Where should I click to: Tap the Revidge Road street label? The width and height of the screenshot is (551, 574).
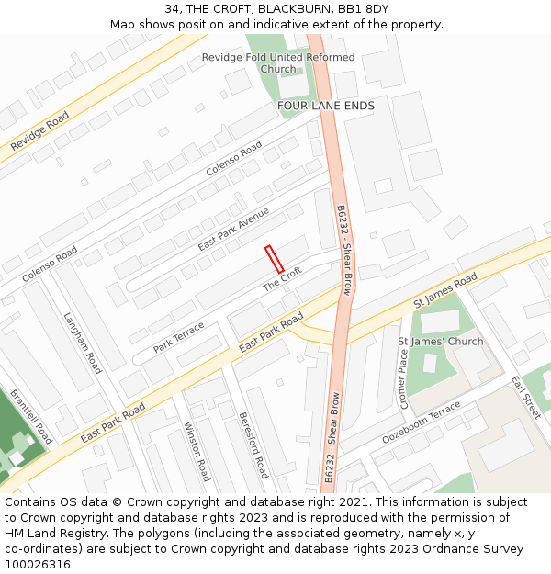pos(39,132)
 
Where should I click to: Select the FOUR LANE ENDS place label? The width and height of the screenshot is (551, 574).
pos(326,106)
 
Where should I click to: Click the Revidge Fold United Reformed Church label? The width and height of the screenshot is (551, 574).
pos(278,62)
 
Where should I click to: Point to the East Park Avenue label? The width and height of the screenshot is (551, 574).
pos(233,230)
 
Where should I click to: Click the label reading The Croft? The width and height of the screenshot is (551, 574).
pos(283,279)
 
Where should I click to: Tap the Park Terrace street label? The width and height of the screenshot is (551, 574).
pos(179,337)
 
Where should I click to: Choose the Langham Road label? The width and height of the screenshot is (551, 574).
pos(83,342)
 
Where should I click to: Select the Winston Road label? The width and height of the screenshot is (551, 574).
pos(198,451)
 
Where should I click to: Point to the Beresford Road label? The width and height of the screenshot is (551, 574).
pos(253,445)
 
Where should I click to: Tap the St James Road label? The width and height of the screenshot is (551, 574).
pos(445,289)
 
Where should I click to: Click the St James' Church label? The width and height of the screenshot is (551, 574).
pos(440,342)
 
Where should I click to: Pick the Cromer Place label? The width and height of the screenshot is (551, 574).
pos(402,378)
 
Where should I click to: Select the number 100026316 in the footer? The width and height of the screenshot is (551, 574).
pos(38,564)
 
